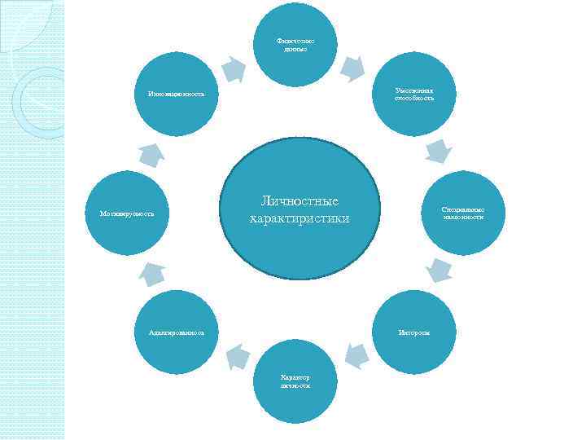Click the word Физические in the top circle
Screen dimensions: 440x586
(294, 41)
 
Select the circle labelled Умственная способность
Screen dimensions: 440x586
(415, 94)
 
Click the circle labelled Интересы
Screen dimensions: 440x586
(415, 332)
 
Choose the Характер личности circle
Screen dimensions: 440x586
(295, 380)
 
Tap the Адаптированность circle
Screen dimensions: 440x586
(177, 332)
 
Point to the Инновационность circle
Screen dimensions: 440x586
(177, 95)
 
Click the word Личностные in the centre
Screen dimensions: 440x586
(299, 201)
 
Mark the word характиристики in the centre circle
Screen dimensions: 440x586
(299, 218)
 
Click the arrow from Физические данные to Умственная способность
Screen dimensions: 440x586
(352, 69)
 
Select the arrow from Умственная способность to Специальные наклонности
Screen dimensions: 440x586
(438, 151)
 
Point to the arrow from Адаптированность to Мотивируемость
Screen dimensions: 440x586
(151, 275)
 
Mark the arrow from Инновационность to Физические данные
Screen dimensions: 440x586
(234, 68)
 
